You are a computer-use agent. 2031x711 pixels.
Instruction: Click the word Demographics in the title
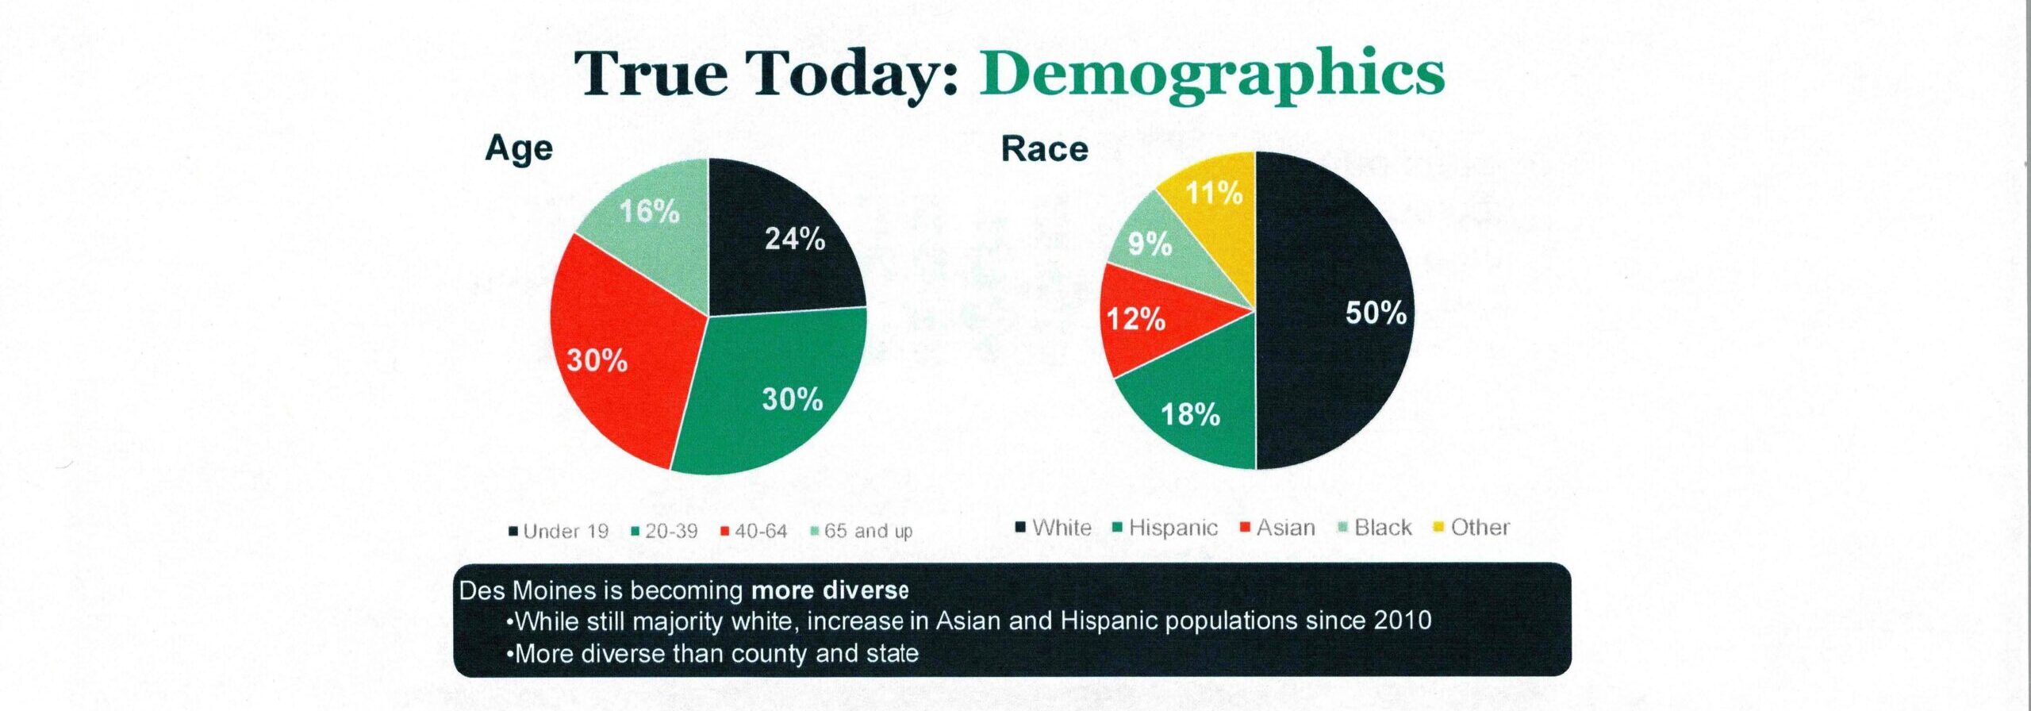click(1211, 75)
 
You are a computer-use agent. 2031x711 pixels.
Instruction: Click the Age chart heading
click(519, 149)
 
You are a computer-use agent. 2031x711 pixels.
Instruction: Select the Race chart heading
click(1044, 149)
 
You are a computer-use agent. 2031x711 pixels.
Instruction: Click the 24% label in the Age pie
click(795, 239)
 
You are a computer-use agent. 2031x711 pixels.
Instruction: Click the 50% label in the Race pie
click(1376, 313)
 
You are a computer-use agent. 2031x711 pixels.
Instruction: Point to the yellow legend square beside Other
click(1438, 528)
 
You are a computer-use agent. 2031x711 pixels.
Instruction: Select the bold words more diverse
click(830, 590)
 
